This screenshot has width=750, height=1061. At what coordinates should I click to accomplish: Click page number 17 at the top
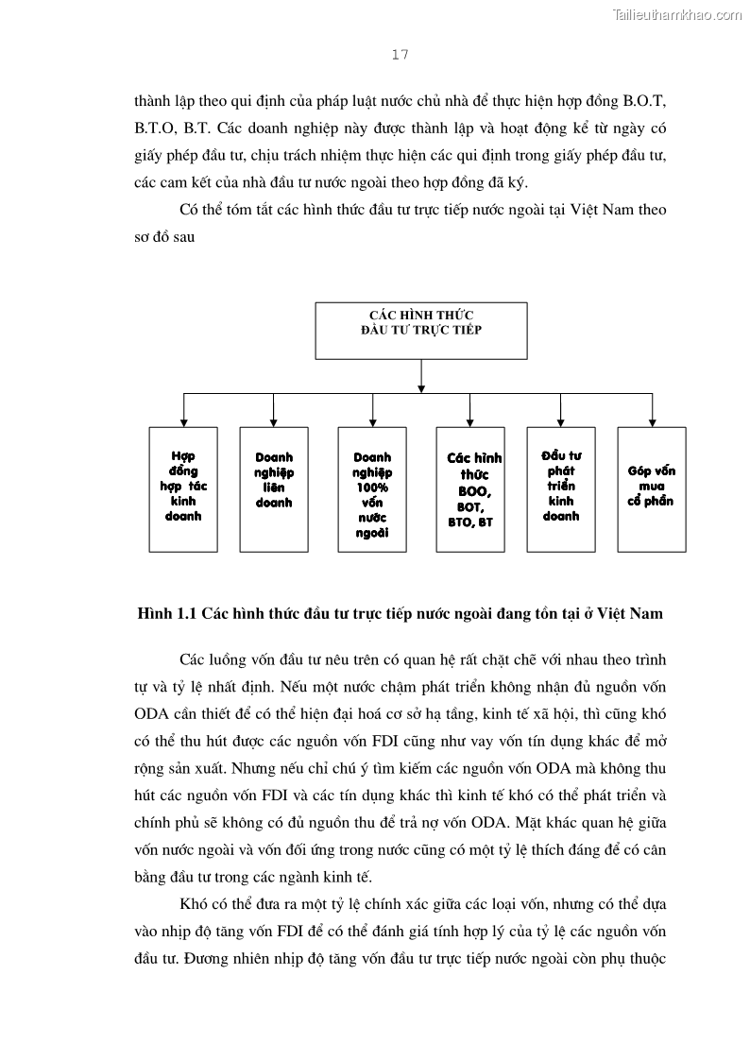400,55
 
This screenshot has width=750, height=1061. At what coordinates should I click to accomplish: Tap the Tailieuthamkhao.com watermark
677,14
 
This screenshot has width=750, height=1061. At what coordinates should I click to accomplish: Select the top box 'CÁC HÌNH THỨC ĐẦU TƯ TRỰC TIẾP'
421,331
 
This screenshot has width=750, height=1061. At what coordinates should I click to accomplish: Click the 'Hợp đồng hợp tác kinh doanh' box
183,488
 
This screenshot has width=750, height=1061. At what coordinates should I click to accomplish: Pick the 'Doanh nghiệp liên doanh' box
274,488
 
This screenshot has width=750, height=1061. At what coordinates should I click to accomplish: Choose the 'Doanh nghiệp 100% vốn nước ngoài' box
372,488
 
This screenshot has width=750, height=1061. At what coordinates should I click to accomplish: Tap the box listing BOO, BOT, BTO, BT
470,488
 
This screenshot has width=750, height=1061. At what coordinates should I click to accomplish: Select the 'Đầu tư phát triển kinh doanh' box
561,488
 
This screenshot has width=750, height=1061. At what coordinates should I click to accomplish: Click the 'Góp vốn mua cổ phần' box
652,488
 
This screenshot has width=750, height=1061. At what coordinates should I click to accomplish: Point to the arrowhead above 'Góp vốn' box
652,421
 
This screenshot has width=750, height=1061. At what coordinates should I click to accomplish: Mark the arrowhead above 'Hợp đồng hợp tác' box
183,421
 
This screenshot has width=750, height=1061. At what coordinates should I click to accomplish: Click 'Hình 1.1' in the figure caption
164,614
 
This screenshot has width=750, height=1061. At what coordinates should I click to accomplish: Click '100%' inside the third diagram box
372,488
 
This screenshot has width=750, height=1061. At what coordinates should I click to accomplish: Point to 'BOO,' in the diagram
474,491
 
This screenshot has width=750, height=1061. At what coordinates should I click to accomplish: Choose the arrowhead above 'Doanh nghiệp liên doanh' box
274,421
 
